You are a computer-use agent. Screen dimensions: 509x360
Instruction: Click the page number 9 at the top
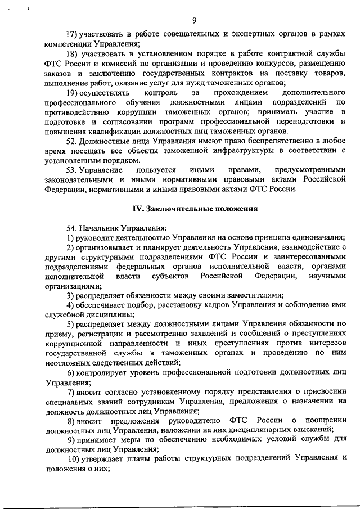tap(194, 21)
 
